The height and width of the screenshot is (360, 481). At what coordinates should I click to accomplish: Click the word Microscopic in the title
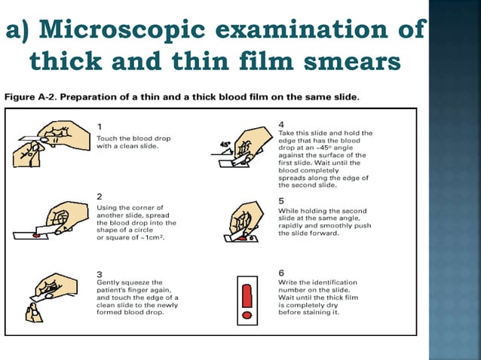pyautogui.click(x=122, y=30)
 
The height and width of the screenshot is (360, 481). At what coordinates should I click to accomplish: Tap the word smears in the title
pyautogui.click(x=352, y=61)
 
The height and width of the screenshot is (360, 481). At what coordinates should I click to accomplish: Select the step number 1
pyautogui.click(x=99, y=127)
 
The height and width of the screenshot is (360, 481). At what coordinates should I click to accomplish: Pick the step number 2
pyautogui.click(x=100, y=197)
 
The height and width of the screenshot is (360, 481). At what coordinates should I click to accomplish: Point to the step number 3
pyautogui.click(x=100, y=274)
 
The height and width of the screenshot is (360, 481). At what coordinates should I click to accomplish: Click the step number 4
pyautogui.click(x=281, y=124)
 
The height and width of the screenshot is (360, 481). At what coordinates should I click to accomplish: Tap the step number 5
pyautogui.click(x=281, y=201)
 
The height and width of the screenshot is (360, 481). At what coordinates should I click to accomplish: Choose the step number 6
pyautogui.click(x=281, y=273)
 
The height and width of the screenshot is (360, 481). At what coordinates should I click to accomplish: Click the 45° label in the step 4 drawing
pyautogui.click(x=225, y=145)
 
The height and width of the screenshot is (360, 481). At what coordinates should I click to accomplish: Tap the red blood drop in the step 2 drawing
pyautogui.click(x=36, y=235)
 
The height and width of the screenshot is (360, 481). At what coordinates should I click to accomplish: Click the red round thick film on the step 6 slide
pyautogui.click(x=247, y=316)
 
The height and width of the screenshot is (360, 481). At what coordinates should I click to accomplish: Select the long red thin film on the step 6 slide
pyautogui.click(x=247, y=296)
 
